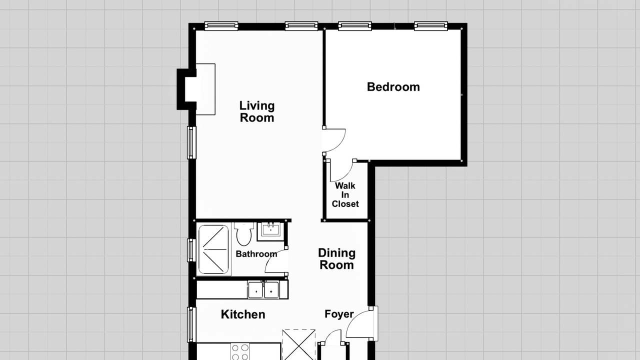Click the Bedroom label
pyautogui.click(x=393, y=87)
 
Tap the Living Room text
pyautogui.click(x=257, y=111)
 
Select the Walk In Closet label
pyautogui.click(x=345, y=195)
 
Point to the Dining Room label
pyautogui.click(x=337, y=259)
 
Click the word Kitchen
pyautogui.click(x=243, y=314)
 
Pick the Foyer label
pyautogui.click(x=339, y=314)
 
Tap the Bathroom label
pyautogui.click(x=256, y=254)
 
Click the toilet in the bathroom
pyautogui.click(x=243, y=234)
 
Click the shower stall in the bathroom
pyautogui.click(x=213, y=249)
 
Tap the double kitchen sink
pyautogui.click(x=263, y=289)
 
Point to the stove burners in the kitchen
pyautogui.click(x=240, y=352)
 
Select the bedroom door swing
pyautogui.click(x=334, y=140)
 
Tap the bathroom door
pyautogui.click(x=276, y=261)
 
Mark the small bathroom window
pyautogui.click(x=191, y=250)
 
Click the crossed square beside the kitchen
pyautogui.click(x=299, y=344)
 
